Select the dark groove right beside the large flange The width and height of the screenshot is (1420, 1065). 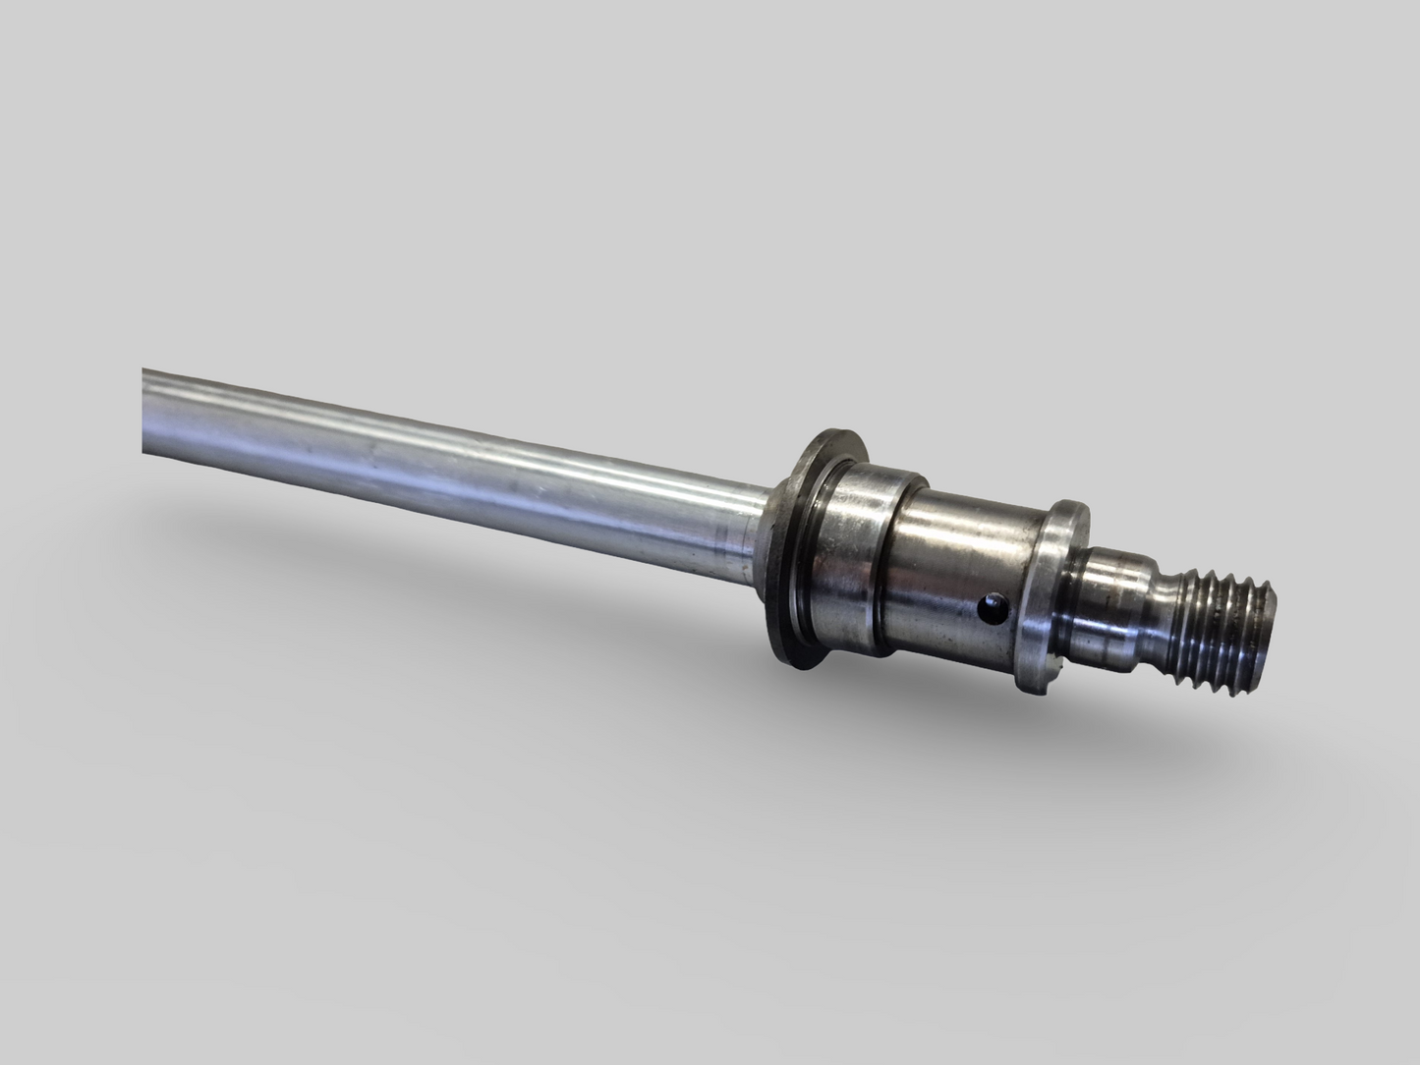click(x=824, y=555)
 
